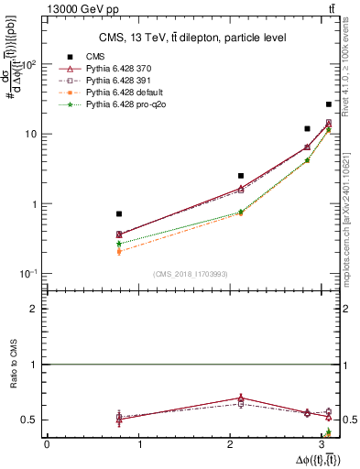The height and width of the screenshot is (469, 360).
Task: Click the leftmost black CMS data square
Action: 119,213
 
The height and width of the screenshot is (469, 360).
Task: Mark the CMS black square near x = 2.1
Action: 241,175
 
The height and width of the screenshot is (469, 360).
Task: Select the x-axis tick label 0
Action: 47,444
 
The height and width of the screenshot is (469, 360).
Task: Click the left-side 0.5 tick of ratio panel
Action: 31,420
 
